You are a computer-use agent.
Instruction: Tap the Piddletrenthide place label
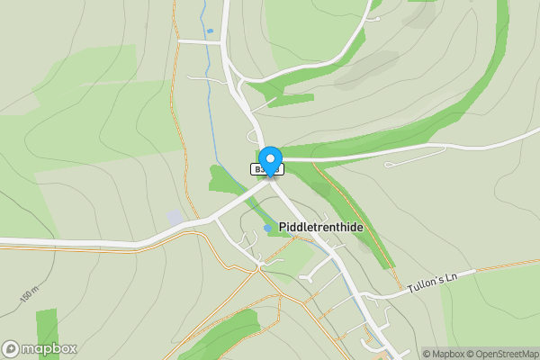pos(321,228)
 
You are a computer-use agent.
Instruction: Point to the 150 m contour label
pos(28,294)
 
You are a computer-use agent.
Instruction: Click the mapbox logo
pos(40,348)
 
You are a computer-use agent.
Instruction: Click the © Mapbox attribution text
pos(444,354)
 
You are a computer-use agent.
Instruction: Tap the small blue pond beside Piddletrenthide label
pos(267,229)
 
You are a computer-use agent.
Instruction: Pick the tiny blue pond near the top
pos(210,31)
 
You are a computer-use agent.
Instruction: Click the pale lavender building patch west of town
pos(175,218)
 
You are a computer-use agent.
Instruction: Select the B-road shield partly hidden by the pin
pos(259,168)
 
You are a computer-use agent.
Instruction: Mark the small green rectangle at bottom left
pos(47,333)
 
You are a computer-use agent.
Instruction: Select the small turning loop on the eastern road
pos(392,165)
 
